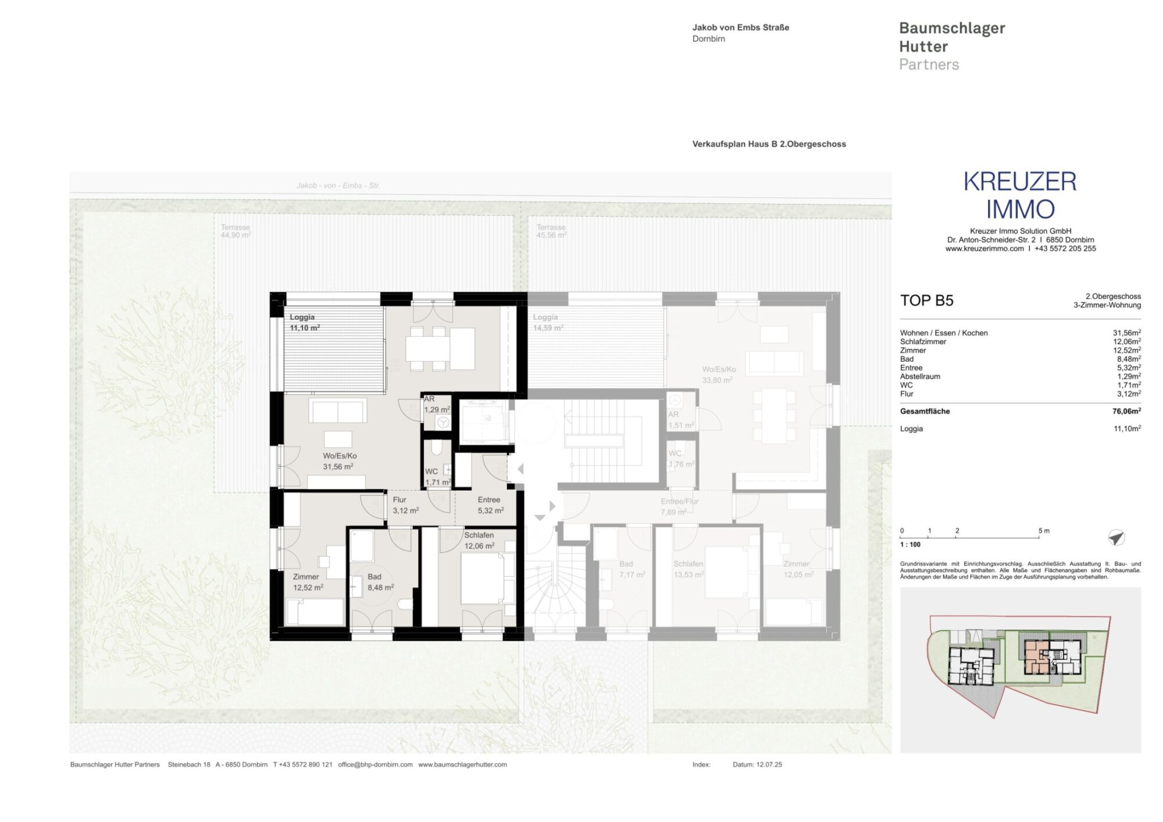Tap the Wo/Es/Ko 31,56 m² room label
(x=340, y=461)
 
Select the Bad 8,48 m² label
(x=380, y=582)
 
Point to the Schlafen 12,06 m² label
(x=479, y=540)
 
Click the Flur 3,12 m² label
(x=405, y=505)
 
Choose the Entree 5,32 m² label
(x=490, y=505)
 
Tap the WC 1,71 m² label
(x=437, y=477)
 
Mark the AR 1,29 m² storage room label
(x=436, y=405)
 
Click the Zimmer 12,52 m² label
(x=307, y=582)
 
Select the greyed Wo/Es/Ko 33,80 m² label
(x=718, y=374)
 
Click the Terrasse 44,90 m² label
(x=235, y=231)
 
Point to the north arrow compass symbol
(x=1116, y=537)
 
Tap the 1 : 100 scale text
(x=910, y=545)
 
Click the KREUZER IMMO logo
(x=1020, y=195)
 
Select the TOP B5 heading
(x=926, y=301)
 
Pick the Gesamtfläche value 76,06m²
(x=1126, y=411)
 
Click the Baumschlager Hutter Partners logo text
(x=951, y=46)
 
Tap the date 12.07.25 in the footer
(x=769, y=764)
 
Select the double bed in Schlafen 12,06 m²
(x=483, y=578)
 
